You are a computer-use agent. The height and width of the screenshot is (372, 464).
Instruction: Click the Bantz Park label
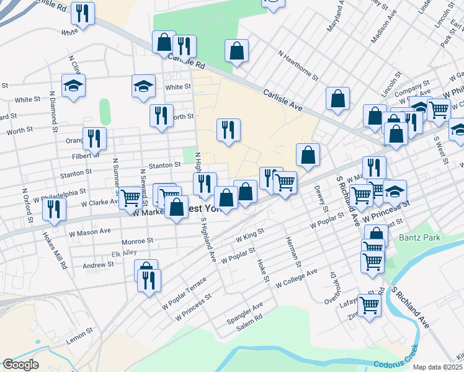(x=416, y=237)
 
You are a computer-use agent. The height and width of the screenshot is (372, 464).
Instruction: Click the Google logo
(x=20, y=365)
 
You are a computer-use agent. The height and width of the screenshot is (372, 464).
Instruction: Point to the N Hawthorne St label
(x=298, y=66)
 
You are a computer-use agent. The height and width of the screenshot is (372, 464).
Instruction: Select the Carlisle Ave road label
(x=282, y=99)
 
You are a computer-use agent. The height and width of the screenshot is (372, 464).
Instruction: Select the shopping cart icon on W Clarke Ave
(x=131, y=198)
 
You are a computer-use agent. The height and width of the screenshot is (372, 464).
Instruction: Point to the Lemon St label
(x=79, y=335)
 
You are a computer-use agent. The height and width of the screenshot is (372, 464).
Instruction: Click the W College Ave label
(x=297, y=278)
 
